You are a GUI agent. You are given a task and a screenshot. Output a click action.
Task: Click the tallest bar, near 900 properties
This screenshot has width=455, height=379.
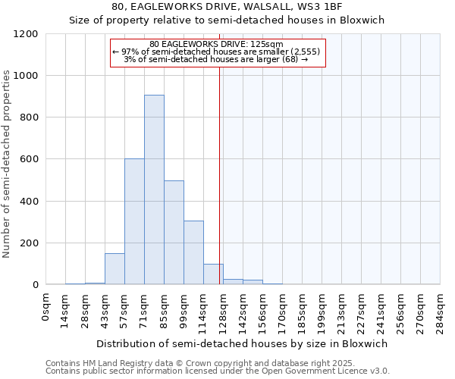coord(154,189)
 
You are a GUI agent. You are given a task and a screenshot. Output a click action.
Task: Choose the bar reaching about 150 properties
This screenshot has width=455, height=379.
coord(115,269)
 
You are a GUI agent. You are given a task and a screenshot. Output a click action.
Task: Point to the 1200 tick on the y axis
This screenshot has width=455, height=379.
coord(25,34)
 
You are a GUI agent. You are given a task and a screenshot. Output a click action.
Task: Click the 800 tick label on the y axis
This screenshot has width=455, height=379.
coord(28,117)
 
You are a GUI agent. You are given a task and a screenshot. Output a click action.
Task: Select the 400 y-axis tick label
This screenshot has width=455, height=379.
coord(28,202)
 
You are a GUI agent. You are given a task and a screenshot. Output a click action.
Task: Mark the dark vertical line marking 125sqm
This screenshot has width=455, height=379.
coord(220,189)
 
